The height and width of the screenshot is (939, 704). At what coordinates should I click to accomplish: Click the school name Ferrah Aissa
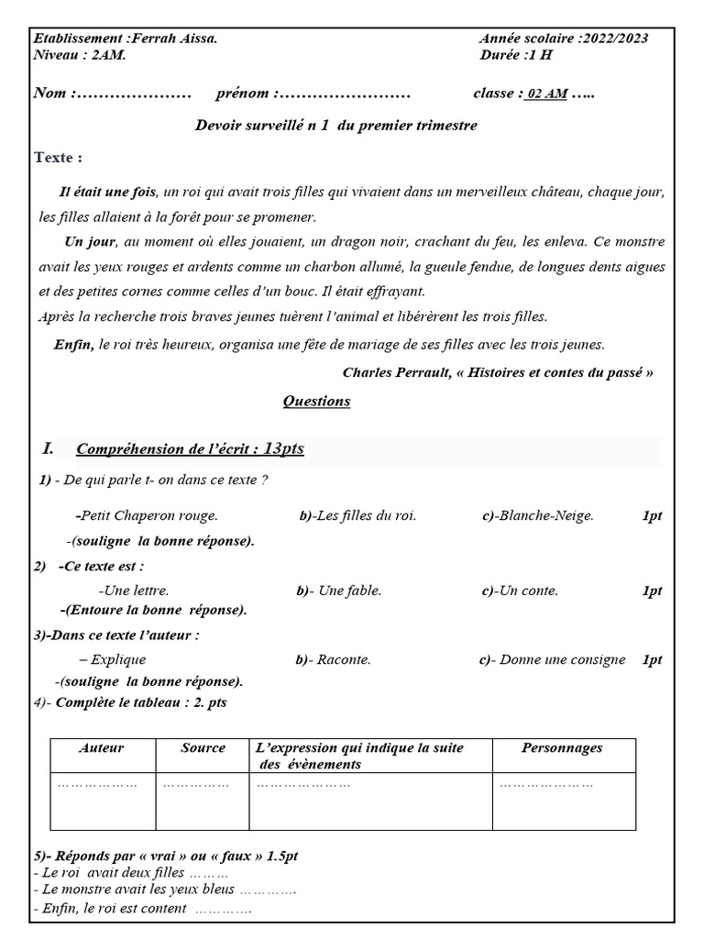(x=175, y=39)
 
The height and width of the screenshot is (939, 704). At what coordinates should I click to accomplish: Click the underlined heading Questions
(x=316, y=402)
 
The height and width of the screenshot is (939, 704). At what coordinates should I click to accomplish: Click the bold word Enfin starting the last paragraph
(x=74, y=344)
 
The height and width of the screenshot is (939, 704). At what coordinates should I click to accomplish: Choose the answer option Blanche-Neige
(x=546, y=516)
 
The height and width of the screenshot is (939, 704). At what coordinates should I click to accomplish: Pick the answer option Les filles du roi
(x=366, y=516)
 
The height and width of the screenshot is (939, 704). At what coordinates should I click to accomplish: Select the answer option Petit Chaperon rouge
(x=148, y=516)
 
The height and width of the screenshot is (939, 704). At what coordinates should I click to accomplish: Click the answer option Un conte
(x=528, y=591)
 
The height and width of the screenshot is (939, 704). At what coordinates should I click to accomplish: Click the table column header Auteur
(x=102, y=748)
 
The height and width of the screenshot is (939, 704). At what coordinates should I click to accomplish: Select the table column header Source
(x=203, y=748)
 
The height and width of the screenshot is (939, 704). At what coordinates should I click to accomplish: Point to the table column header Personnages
(x=562, y=748)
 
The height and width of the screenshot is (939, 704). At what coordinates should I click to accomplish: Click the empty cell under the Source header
(x=203, y=801)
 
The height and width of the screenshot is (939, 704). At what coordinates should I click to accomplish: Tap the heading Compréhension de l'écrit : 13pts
(x=190, y=449)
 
